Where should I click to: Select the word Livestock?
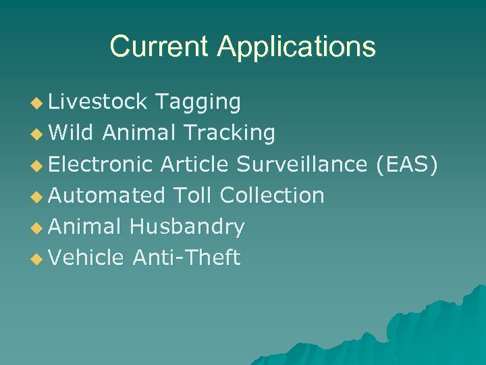click(98, 101)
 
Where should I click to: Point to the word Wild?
click(72, 133)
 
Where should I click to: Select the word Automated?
click(107, 195)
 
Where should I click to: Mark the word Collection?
click(272, 195)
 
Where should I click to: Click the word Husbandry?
click(187, 227)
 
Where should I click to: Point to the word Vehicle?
click(86, 258)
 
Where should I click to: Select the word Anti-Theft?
click(186, 258)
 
